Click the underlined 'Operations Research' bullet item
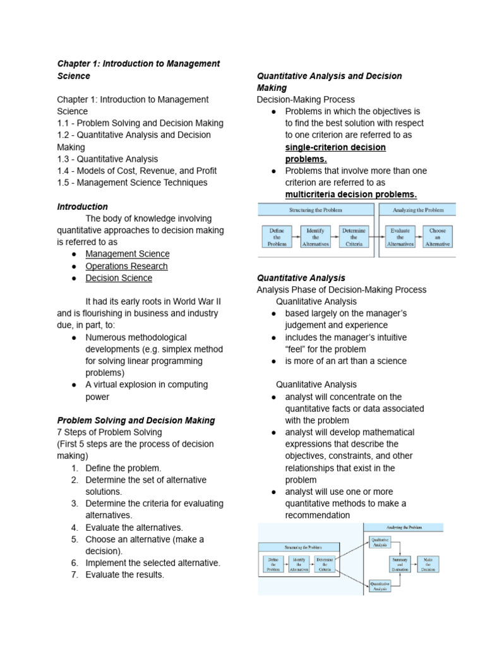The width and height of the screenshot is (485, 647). click(126, 266)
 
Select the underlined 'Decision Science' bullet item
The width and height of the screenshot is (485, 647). click(119, 278)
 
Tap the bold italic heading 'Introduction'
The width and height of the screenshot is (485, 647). click(82, 207)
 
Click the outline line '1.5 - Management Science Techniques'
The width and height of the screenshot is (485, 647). click(132, 183)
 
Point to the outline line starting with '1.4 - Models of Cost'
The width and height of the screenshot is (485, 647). click(136, 171)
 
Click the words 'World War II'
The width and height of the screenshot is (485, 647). click(193, 301)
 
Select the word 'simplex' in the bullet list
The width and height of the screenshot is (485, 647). click(158, 349)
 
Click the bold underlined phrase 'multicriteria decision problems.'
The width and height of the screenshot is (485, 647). click(350, 194)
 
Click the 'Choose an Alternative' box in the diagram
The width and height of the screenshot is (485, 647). click(438, 236)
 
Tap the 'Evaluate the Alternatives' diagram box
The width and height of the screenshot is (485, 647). click(401, 236)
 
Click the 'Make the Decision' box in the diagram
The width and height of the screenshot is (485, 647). click(428, 564)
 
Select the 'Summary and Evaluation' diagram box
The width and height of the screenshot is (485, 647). click(398, 564)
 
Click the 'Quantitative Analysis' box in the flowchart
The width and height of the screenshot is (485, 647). click(380, 586)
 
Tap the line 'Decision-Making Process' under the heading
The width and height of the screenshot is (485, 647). click(306, 100)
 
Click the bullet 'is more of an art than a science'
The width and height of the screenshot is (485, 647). click(345, 361)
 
